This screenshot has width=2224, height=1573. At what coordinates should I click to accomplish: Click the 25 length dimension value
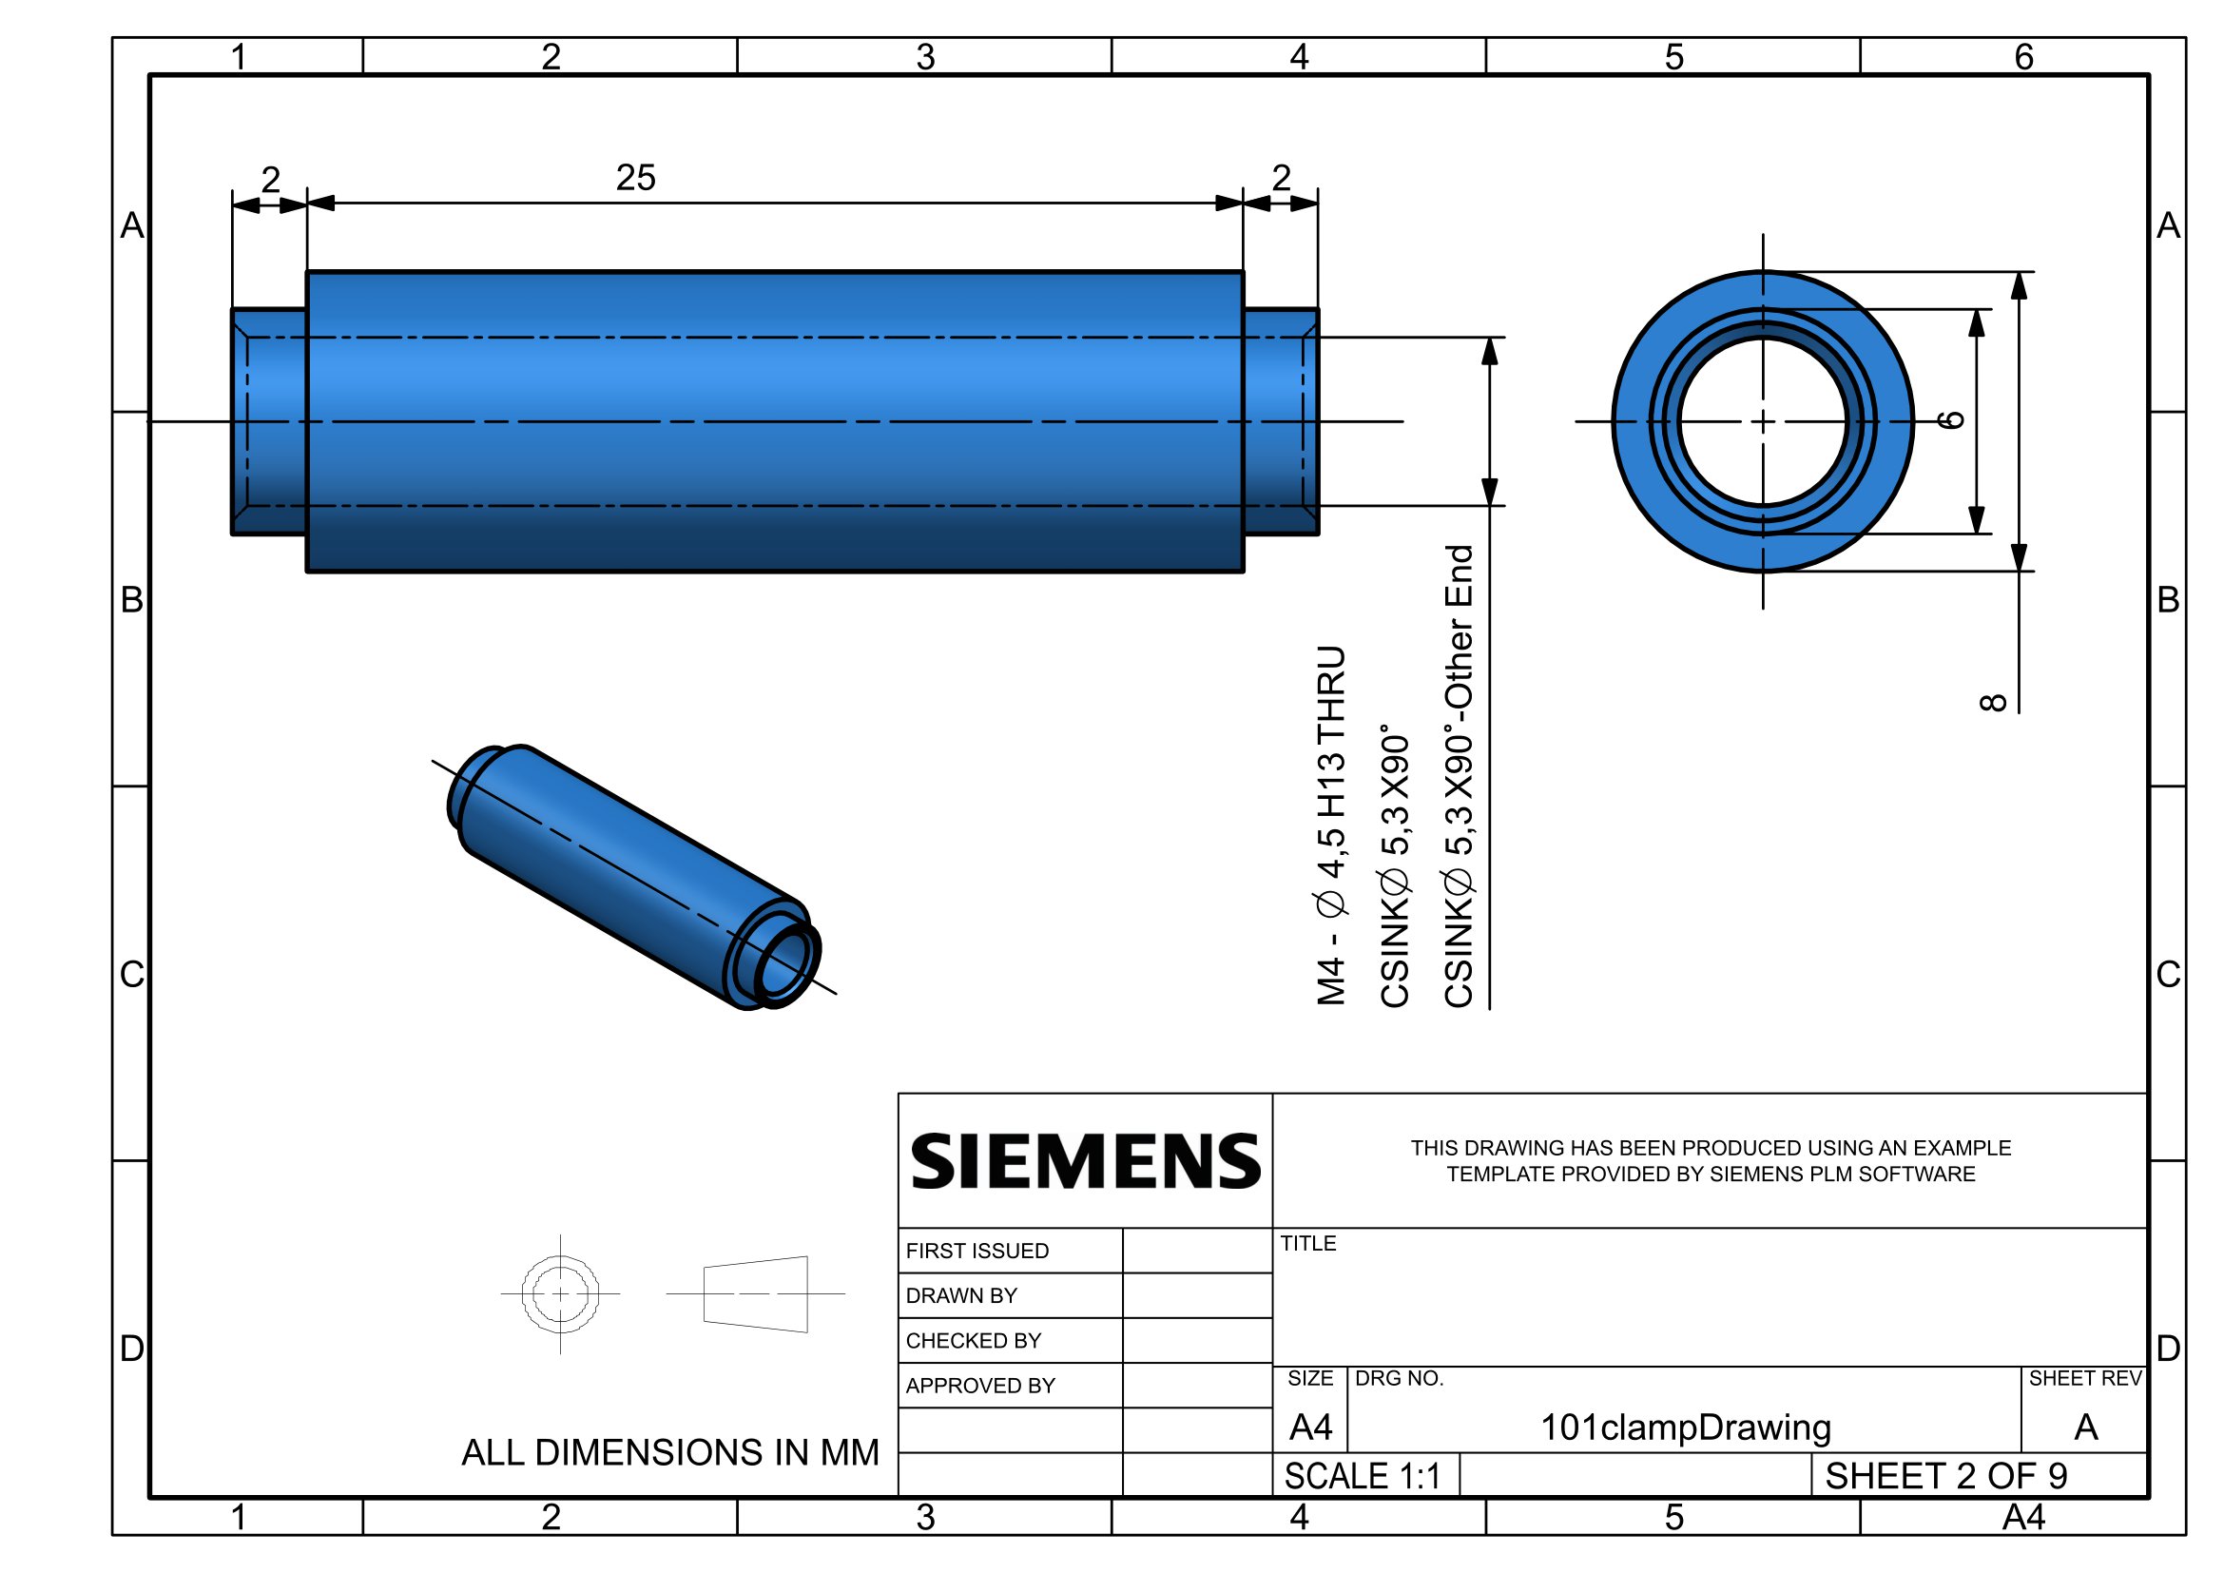coord(635,177)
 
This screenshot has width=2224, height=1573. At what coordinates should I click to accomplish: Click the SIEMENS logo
coord(1086,1161)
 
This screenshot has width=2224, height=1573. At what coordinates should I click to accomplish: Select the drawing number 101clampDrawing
coord(1686,1427)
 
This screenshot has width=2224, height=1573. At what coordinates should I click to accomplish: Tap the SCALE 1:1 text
coord(1362,1475)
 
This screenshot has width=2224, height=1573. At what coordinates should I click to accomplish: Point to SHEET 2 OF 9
coord(1946,1475)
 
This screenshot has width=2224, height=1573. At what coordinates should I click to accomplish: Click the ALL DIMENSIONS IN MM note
coord(670,1452)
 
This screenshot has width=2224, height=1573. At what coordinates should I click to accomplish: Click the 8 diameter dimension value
coord(1992,702)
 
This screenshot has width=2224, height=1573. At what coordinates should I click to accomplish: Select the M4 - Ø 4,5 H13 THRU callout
coord(1331,825)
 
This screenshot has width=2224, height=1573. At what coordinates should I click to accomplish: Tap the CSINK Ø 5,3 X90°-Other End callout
coord(1459,776)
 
